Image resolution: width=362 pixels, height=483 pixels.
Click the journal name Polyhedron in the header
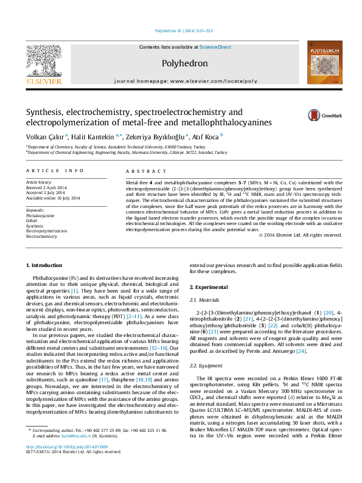(185, 63)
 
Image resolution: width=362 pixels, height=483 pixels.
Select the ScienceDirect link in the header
(215, 47)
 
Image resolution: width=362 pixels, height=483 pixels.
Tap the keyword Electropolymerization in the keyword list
(46, 231)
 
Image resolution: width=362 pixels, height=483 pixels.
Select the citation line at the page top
(180, 30)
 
